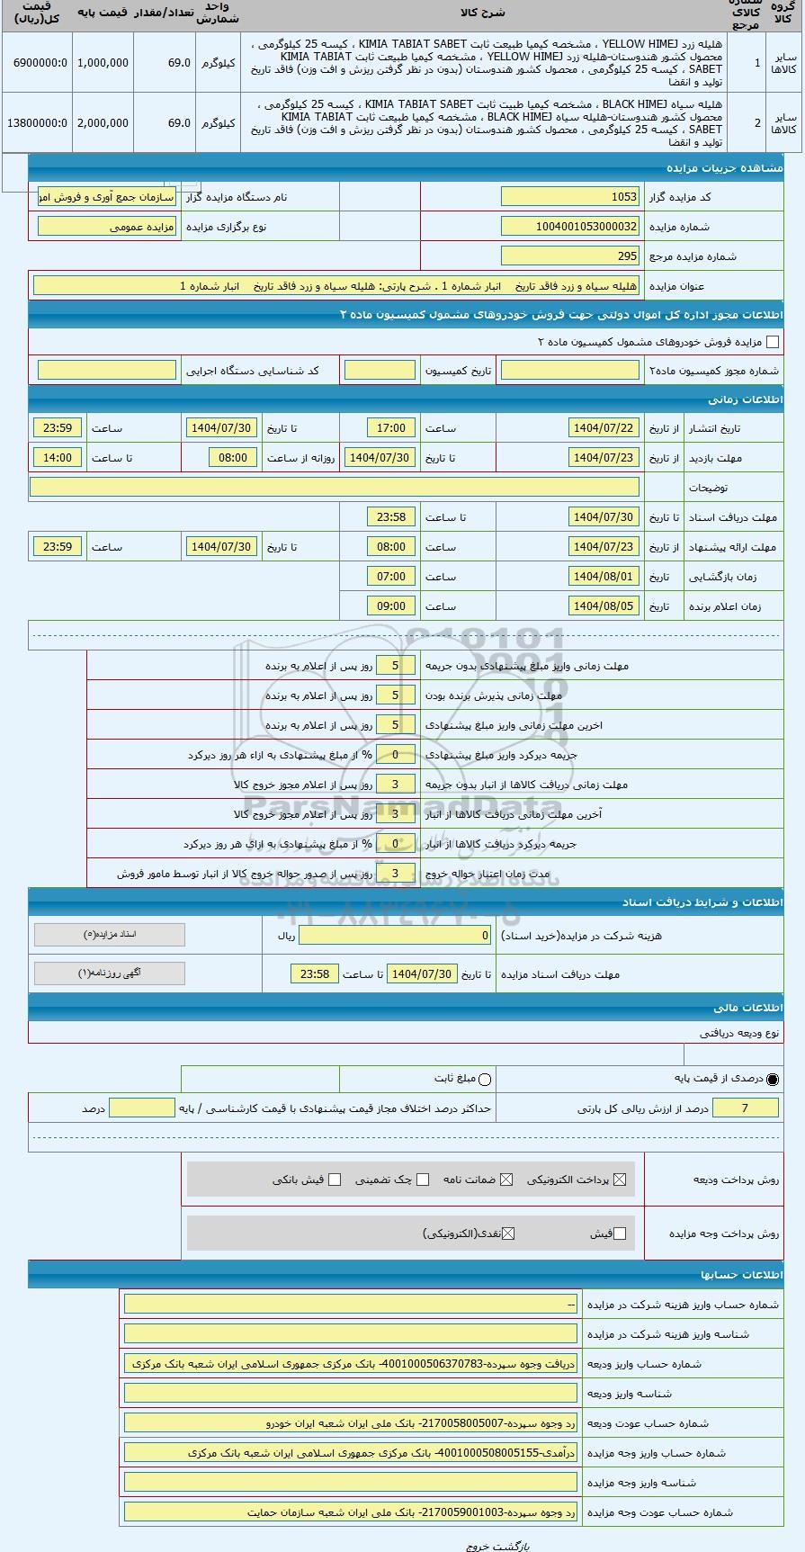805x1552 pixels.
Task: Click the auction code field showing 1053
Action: (x=569, y=197)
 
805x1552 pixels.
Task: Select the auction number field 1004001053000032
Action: (x=569, y=227)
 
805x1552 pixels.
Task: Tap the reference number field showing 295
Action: (x=569, y=256)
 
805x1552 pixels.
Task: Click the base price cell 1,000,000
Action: (x=102, y=63)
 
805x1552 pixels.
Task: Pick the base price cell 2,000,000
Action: (x=102, y=122)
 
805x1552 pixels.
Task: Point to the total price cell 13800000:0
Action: (x=37, y=122)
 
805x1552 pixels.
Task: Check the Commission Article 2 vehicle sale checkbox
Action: (x=772, y=342)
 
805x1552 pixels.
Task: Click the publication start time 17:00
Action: (x=391, y=428)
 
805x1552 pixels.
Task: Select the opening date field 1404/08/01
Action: (x=604, y=577)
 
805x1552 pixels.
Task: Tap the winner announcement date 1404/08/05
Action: (x=604, y=606)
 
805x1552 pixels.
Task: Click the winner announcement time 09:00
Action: (x=391, y=606)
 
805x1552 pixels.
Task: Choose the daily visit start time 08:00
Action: (x=233, y=458)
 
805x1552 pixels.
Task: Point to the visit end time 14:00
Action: (x=58, y=458)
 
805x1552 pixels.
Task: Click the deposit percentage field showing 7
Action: (x=745, y=1108)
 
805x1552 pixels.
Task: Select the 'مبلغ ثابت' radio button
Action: (x=486, y=1079)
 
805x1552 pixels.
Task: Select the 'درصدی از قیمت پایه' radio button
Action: (x=773, y=1079)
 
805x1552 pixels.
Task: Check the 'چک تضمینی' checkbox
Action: (x=423, y=1180)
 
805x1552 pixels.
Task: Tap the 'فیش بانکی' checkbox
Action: (x=335, y=1180)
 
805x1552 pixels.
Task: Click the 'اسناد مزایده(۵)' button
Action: (x=110, y=935)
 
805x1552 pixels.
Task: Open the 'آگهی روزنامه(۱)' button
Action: (x=110, y=973)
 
